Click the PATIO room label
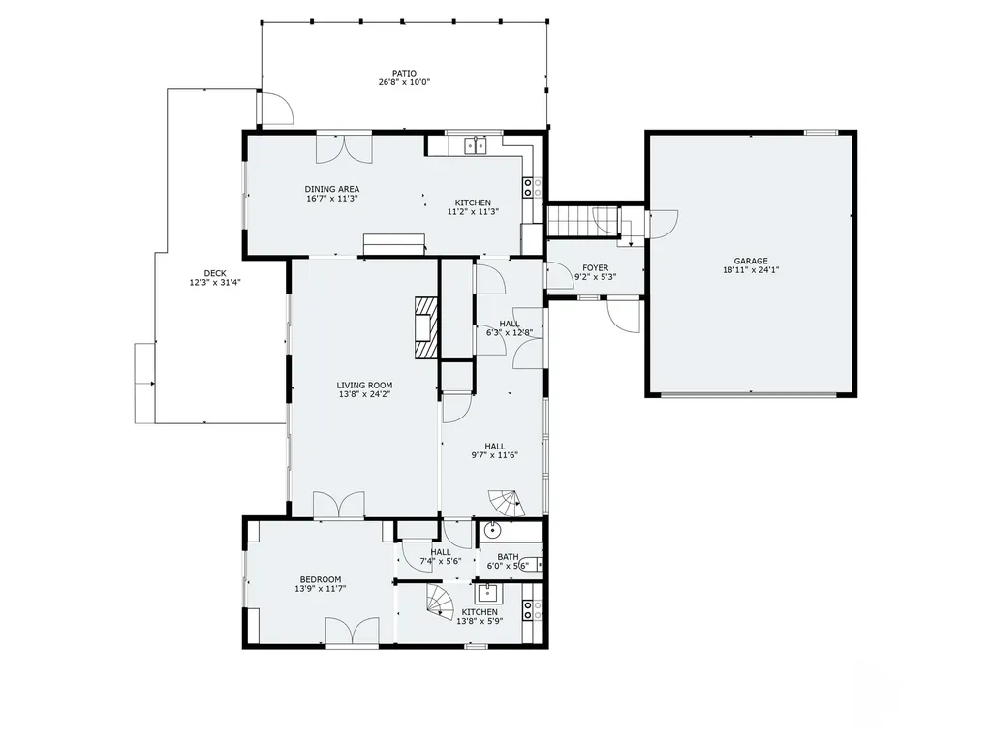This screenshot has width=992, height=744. (x=404, y=73)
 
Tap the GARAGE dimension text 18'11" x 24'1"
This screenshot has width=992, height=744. (x=751, y=271)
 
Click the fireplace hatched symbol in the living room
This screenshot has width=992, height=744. (x=424, y=327)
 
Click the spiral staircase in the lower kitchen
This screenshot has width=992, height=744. (x=441, y=603)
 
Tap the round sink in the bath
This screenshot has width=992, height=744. (x=492, y=530)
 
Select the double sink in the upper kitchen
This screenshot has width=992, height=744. (x=476, y=146)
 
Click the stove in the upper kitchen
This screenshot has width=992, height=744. (x=531, y=186)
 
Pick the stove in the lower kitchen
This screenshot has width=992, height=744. (x=531, y=609)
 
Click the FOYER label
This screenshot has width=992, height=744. (x=595, y=268)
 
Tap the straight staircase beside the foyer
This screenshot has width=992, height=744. (x=582, y=221)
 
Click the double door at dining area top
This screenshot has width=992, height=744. (x=344, y=147)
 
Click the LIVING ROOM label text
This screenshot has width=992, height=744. (x=365, y=385)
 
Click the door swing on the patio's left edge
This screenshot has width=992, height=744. (x=275, y=108)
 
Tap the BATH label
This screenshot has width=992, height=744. (x=508, y=557)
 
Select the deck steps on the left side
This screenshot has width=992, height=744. (x=144, y=383)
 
